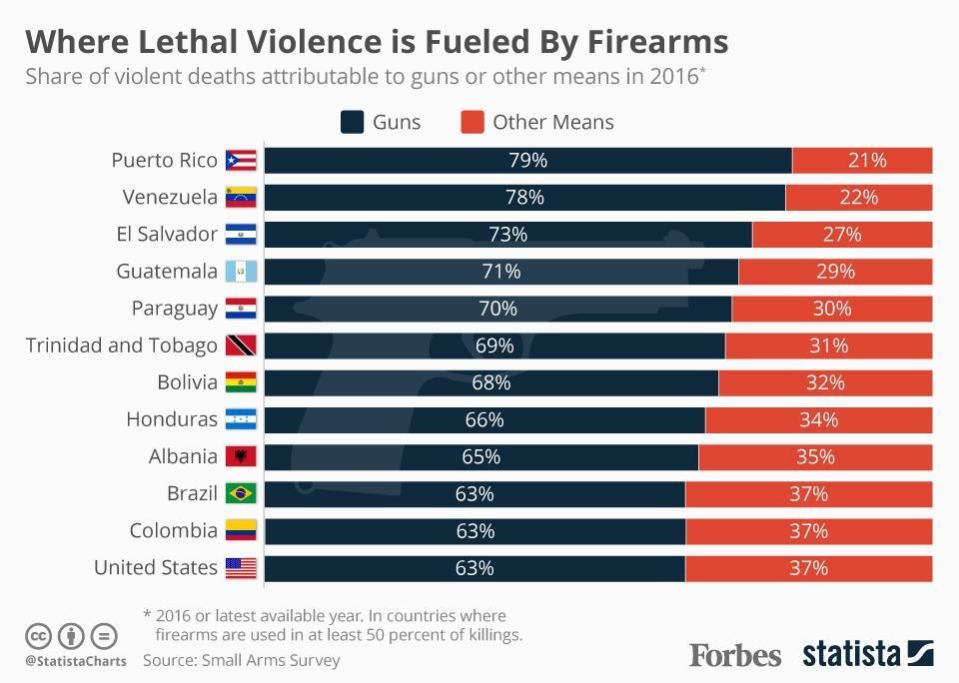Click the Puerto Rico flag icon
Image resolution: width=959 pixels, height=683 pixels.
(241, 160)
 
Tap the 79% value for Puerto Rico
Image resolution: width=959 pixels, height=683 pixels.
(527, 160)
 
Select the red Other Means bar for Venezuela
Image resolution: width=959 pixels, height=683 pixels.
(858, 197)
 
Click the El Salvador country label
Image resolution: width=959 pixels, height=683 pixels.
(167, 234)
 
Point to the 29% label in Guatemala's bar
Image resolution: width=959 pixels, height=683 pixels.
(835, 271)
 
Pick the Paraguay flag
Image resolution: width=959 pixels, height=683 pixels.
(241, 308)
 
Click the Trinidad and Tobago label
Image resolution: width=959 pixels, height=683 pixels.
(121, 345)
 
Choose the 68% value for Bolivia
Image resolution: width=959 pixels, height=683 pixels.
(490, 382)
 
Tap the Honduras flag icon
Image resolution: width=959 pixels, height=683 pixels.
(241, 419)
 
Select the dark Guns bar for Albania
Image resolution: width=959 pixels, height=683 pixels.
(480, 456)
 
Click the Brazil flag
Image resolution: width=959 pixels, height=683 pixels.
(241, 493)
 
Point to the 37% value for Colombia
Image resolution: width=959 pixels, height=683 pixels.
(808, 530)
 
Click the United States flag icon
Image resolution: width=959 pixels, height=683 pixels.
(241, 568)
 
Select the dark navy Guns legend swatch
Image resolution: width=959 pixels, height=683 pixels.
(352, 122)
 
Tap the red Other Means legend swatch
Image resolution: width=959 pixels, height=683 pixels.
(473, 122)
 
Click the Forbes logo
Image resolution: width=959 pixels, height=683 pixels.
(735, 655)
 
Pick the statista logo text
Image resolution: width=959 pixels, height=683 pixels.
(852, 654)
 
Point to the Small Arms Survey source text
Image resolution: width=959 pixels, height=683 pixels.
(271, 660)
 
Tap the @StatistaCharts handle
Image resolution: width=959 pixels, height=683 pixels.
(76, 661)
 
